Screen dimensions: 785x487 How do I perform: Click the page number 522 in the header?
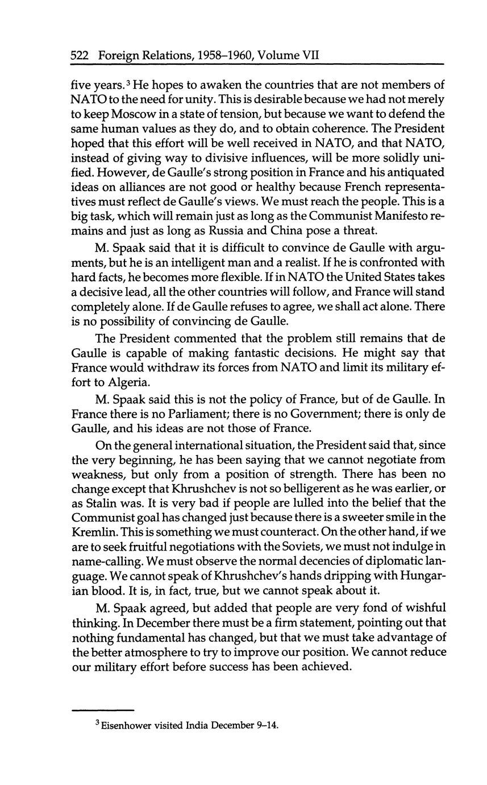(x=81, y=56)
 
